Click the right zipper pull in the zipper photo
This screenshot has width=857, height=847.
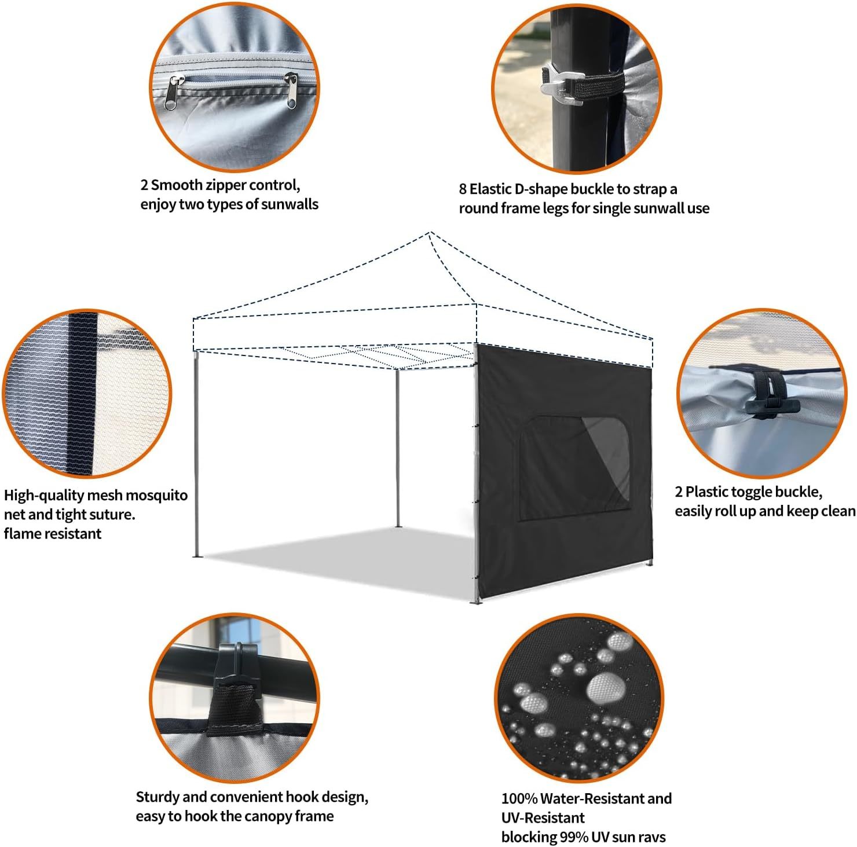pos(292,90)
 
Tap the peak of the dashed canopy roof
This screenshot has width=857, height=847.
pos(430,233)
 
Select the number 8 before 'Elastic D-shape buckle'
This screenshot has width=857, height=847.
pos(463,189)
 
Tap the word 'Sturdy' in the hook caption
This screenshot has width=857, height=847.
pos(158,797)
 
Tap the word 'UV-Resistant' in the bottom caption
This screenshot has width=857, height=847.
pos(543,817)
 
